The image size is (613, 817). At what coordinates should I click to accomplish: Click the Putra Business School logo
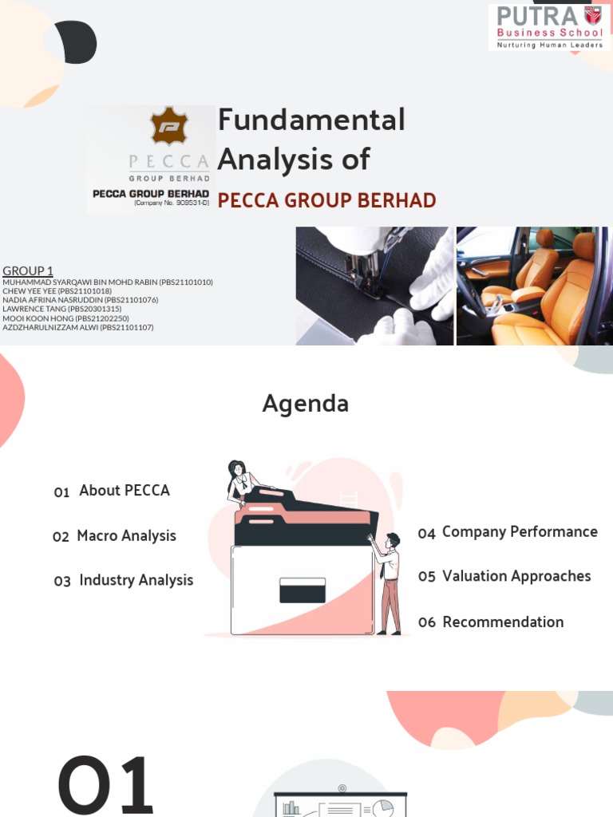549,27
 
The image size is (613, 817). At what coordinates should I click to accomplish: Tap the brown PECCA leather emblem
169,127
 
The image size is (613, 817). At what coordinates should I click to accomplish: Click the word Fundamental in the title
311,120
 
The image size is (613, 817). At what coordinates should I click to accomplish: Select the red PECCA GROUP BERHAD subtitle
326,200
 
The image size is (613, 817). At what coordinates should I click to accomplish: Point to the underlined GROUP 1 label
28,271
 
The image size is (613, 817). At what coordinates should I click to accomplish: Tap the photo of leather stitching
374,286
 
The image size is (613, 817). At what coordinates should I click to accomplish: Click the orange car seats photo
534,286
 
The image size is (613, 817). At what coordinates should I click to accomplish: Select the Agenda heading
306,404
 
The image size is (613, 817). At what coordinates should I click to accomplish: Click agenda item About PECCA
124,491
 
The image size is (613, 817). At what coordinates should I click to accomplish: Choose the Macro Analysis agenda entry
126,536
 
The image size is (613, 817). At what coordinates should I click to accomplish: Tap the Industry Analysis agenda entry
136,581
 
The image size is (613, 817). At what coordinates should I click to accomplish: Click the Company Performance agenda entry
520,532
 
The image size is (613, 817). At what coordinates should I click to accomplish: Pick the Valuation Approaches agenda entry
516,576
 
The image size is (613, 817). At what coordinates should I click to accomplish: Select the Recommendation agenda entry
503,622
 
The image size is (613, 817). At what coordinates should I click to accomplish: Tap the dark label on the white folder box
303,590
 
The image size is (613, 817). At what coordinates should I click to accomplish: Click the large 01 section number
105,785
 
